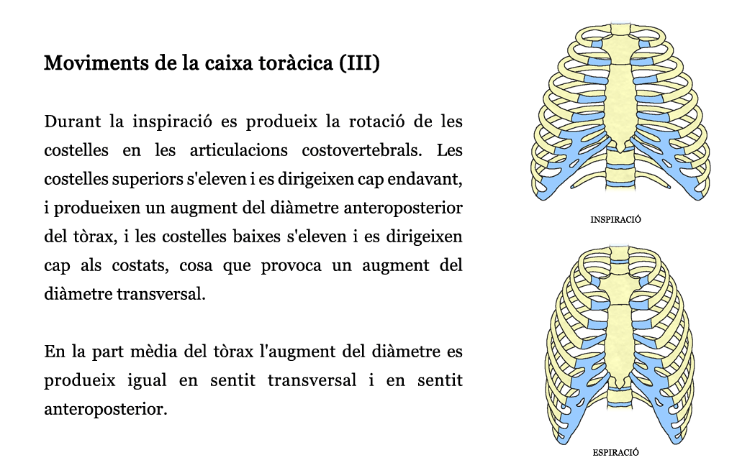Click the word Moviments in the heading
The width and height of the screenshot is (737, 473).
coord(96,63)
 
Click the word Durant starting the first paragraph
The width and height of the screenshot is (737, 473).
coord(73,121)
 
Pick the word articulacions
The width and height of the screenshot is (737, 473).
coord(238,150)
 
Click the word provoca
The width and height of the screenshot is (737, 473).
coord(291,265)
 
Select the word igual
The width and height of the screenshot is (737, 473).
coord(147,380)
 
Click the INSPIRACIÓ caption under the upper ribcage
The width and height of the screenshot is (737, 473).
coord(616,220)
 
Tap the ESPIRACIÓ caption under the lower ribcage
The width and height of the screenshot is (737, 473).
coord(616,453)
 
